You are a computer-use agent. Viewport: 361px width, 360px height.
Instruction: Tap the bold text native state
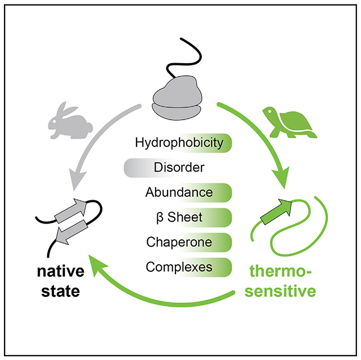61,282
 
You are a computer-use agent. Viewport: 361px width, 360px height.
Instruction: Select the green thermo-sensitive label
282,282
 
